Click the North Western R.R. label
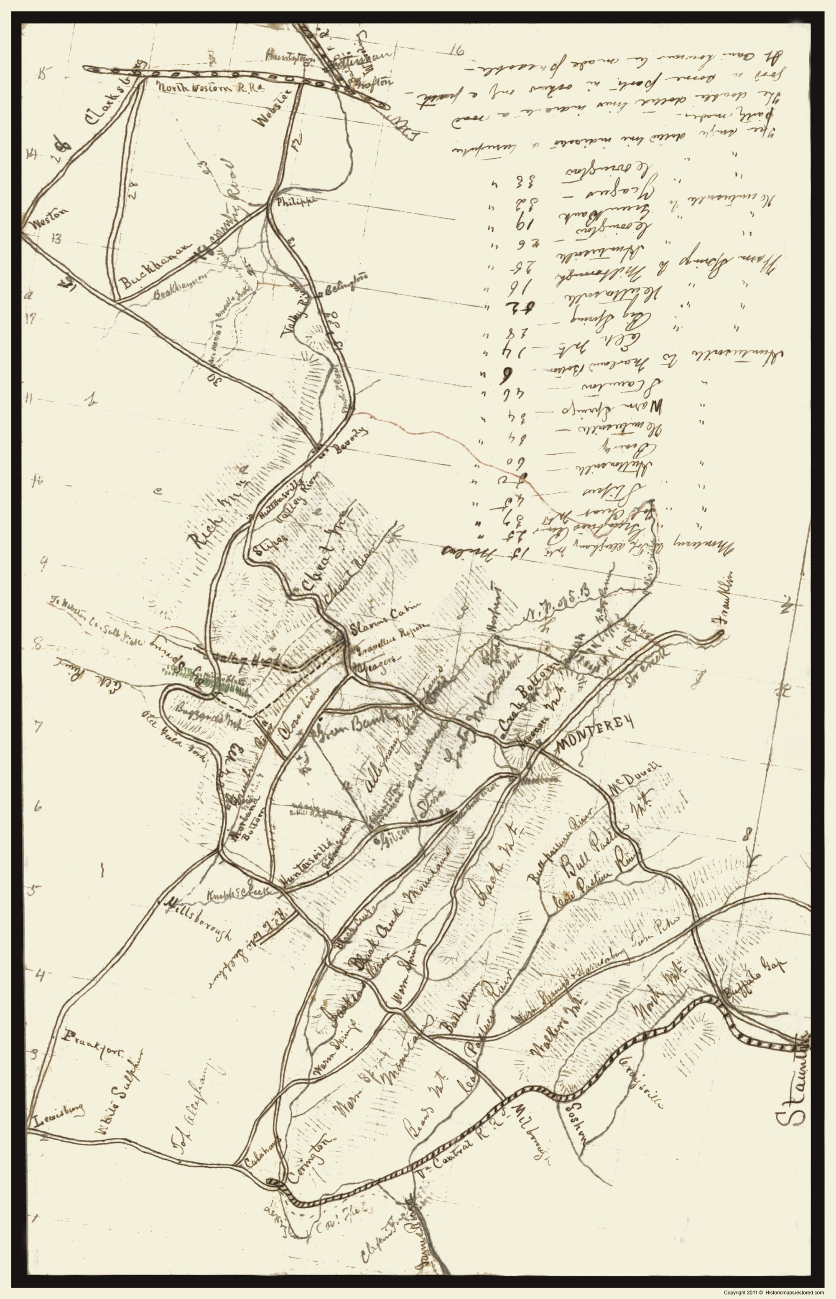209,87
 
